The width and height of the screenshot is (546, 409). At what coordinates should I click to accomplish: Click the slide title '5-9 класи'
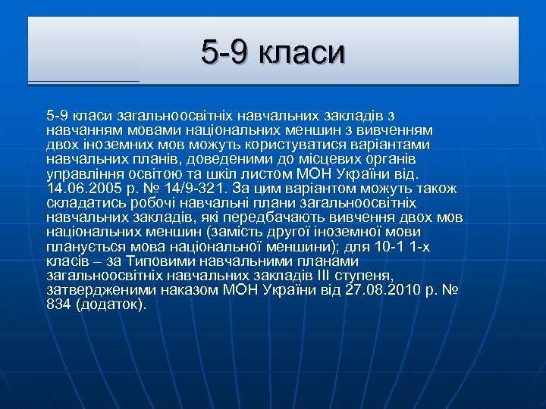coord(273,52)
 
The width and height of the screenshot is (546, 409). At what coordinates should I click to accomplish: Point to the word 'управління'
coord(82,173)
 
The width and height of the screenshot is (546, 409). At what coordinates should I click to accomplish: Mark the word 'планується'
coord(82,246)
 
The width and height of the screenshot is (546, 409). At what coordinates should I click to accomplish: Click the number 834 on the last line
coord(58,304)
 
